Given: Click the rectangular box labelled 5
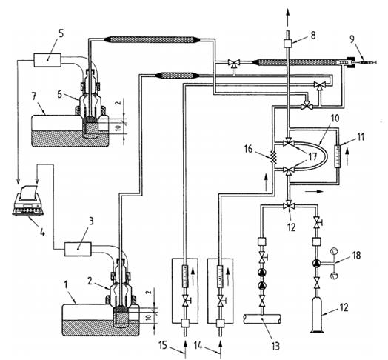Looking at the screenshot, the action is pyautogui.click(x=47, y=60).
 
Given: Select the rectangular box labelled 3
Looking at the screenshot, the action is pyautogui.click(x=78, y=249).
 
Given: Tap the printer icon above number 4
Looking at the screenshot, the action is pyautogui.click(x=28, y=200).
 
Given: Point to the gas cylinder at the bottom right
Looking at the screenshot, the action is pyautogui.click(x=317, y=315).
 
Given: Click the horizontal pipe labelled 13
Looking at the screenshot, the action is pyautogui.click(x=262, y=319).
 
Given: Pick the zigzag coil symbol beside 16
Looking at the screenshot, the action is pyautogui.click(x=274, y=157).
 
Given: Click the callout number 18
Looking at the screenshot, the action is pyautogui.click(x=356, y=256).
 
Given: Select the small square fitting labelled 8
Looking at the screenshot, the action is pyautogui.click(x=288, y=43).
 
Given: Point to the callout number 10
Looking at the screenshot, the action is pyautogui.click(x=334, y=119).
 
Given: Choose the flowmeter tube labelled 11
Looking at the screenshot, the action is pyautogui.click(x=337, y=156).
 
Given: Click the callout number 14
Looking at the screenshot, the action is pyautogui.click(x=198, y=345).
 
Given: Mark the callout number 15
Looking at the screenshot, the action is pyautogui.click(x=163, y=345).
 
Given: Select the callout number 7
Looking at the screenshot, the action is pyautogui.click(x=34, y=96).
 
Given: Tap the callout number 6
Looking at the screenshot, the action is pyautogui.click(x=59, y=94).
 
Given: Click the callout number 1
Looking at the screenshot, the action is pyautogui.click(x=66, y=285).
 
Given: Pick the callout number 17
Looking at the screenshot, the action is pyautogui.click(x=312, y=156).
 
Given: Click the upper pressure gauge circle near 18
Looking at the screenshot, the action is pyautogui.click(x=334, y=251).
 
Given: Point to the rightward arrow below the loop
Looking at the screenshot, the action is pyautogui.click(x=314, y=191).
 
